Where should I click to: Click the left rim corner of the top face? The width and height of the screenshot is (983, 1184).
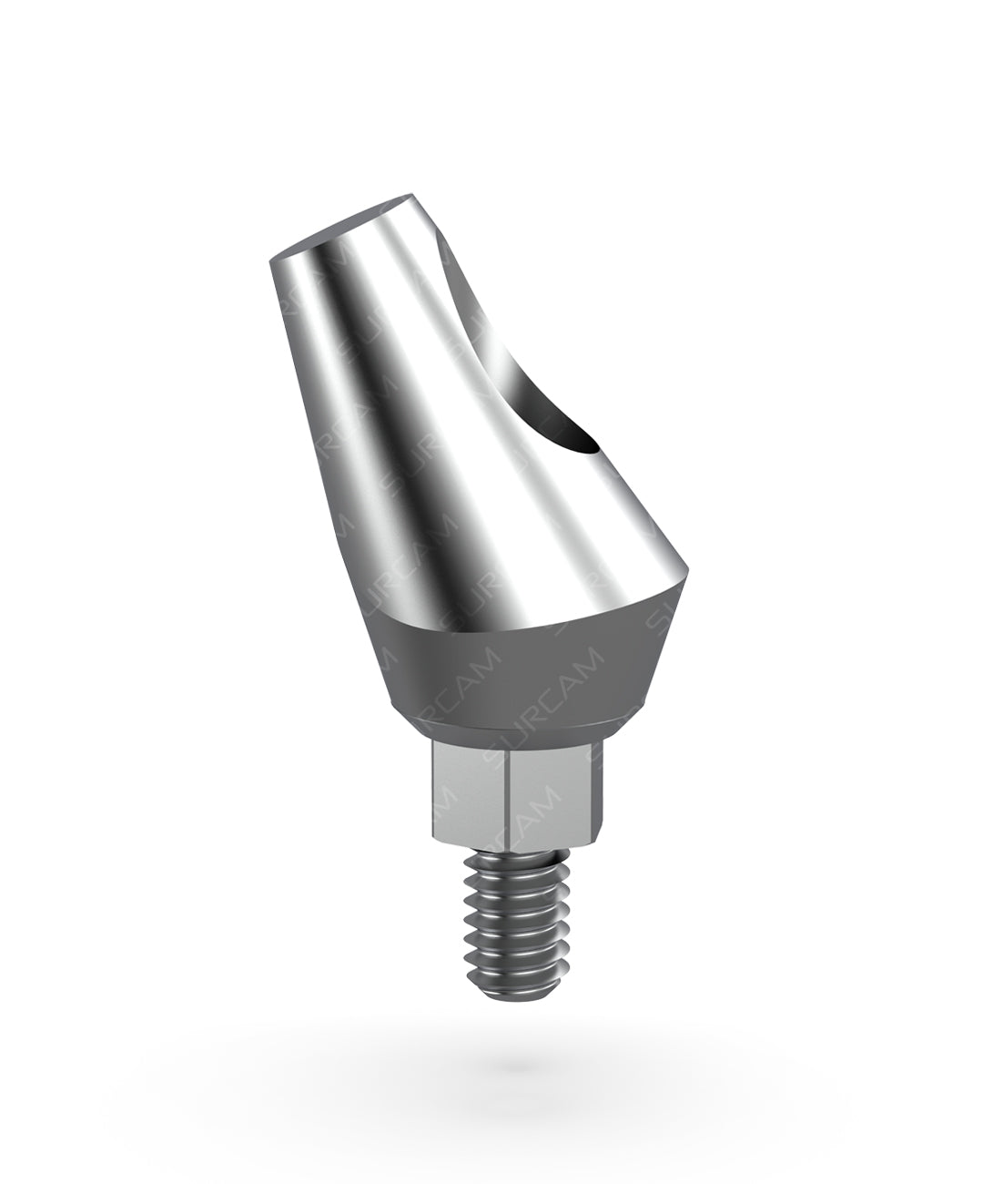pos(273,260)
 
